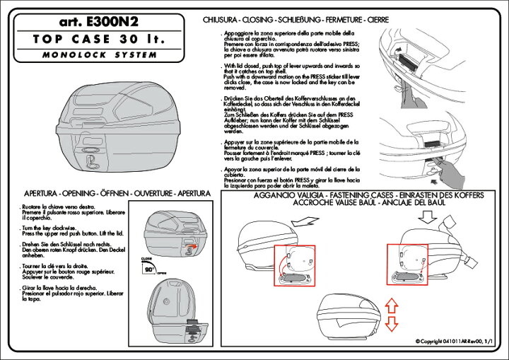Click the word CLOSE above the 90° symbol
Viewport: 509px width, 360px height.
[146, 260]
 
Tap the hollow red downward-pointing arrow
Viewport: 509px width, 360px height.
[392, 323]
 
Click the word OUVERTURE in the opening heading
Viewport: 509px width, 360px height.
[148, 192]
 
